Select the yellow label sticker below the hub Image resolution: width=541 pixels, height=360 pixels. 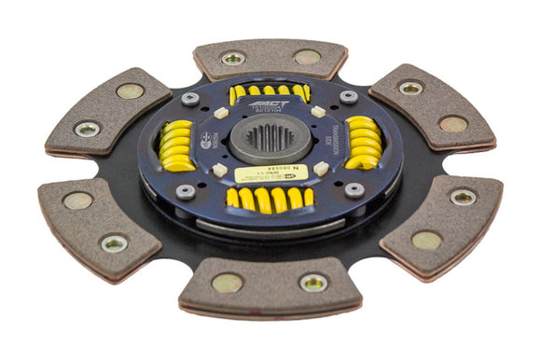(266, 174)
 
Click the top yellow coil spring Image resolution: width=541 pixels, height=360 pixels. (269, 91)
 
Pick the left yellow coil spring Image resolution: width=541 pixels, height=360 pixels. (176, 145)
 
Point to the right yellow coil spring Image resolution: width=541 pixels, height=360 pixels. (364, 143)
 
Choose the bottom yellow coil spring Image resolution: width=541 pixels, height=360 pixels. (270, 198)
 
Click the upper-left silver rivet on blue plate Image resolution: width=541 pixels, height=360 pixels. (190, 98)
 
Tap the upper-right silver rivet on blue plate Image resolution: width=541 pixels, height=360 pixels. (349, 96)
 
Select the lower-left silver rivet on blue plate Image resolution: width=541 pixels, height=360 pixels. (186, 192)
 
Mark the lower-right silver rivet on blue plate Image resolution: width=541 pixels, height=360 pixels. (354, 189)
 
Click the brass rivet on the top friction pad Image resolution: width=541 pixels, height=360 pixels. (307, 57)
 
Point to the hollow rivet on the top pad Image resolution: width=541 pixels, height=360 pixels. (233, 58)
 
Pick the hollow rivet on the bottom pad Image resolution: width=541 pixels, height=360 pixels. (312, 282)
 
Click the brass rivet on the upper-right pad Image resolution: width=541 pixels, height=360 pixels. (453, 123)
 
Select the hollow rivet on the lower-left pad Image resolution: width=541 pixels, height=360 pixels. (115, 242)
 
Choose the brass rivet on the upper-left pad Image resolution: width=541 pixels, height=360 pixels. (130, 90)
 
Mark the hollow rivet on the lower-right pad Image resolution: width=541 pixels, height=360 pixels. (464, 197)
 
